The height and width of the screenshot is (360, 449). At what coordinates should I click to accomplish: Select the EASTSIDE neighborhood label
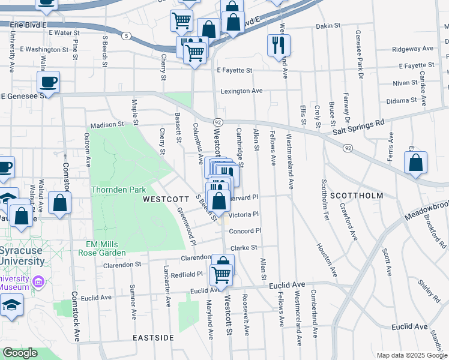pos(154,338)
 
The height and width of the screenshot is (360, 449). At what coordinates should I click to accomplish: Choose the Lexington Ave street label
pos(241,91)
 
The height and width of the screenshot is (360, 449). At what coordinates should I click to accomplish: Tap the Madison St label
pos(106,125)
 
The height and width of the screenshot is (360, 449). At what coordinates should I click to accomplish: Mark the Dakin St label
pos(328,26)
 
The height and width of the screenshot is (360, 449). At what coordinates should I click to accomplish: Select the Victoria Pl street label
pos(244,214)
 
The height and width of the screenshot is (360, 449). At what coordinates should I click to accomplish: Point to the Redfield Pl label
pos(187,274)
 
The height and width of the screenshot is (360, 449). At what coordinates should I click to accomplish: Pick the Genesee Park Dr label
pos(360,55)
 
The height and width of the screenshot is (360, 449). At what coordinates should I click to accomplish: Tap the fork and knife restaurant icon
pos(279,44)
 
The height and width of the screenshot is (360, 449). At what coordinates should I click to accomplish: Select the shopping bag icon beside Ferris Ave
pos(416,163)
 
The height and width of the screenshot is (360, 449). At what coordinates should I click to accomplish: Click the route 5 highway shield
pos(125,36)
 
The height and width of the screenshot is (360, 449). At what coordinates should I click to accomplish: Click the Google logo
pos(20,353)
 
